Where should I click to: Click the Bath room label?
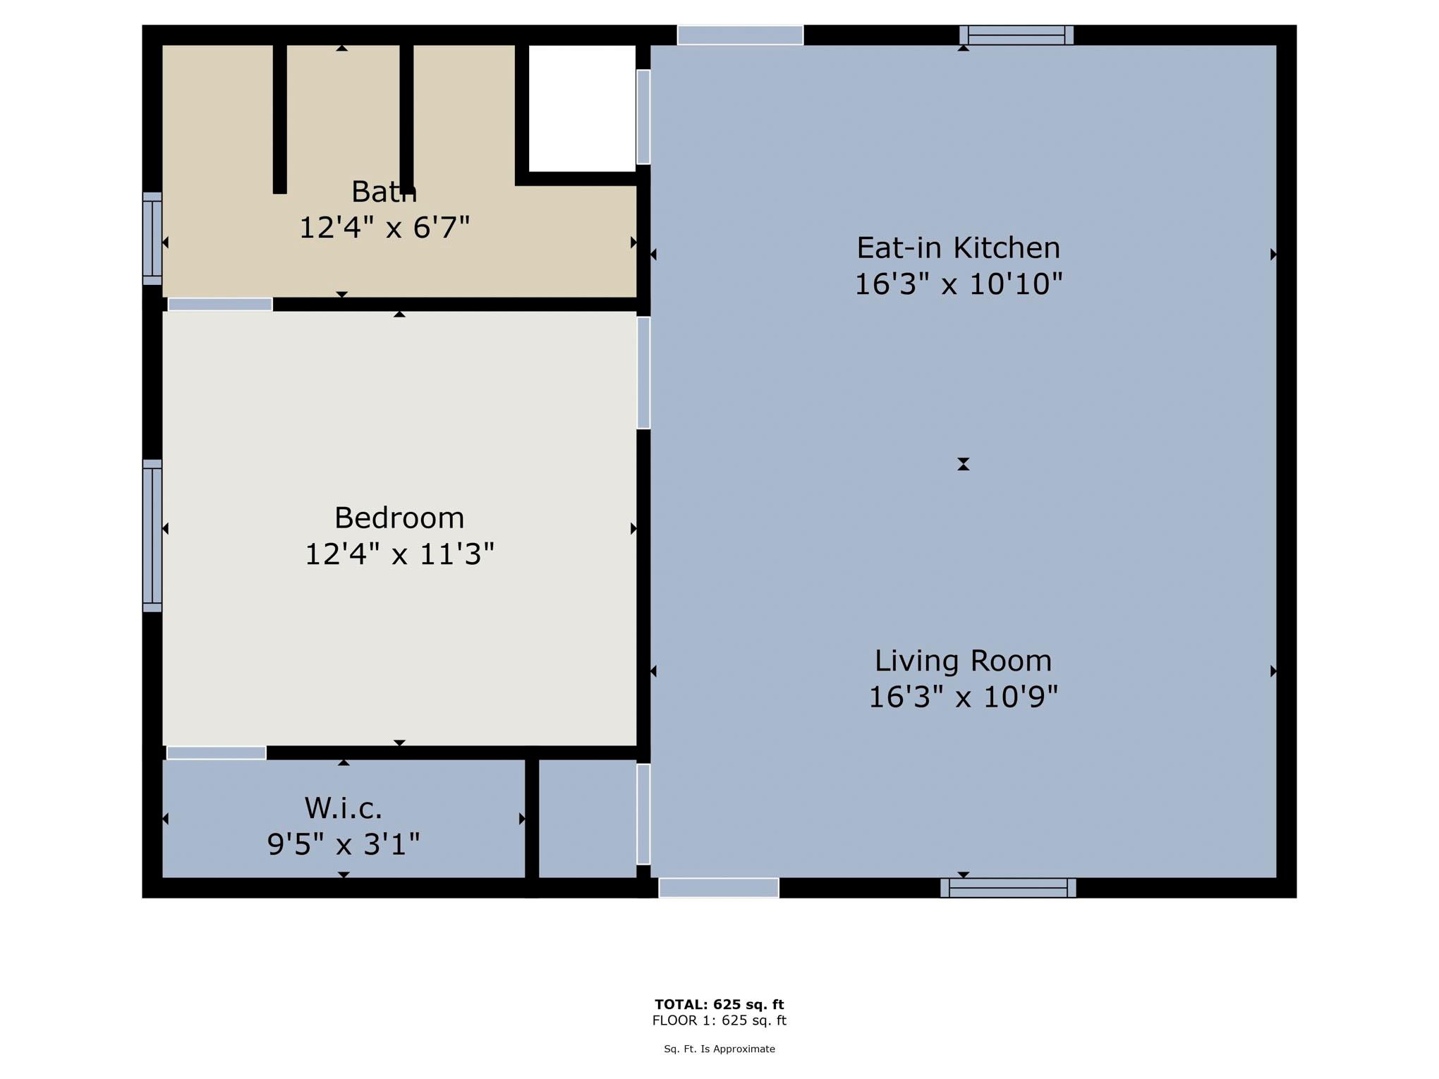[384, 192]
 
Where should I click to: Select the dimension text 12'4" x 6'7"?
[384, 228]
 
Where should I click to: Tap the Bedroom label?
[399, 518]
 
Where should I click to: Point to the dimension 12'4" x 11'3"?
[399, 554]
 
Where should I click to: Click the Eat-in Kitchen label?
[958, 248]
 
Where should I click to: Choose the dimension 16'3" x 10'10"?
[958, 284]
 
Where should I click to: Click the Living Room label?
[963, 662]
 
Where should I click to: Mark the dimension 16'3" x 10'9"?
[963, 697]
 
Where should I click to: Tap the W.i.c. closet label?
[344, 809]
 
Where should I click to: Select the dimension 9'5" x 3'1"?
[344, 844]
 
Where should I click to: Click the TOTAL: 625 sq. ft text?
[719, 1004]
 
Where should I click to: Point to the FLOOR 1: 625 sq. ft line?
[719, 1020]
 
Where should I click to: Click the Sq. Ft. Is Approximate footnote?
[719, 1049]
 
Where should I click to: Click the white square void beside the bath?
[582, 108]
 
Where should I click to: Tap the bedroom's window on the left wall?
[152, 535]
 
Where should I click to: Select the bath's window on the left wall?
[152, 238]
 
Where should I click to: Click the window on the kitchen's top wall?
[1016, 35]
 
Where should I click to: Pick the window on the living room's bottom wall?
[1008, 888]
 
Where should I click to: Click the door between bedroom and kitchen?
[643, 372]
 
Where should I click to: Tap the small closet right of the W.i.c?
[587, 818]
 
